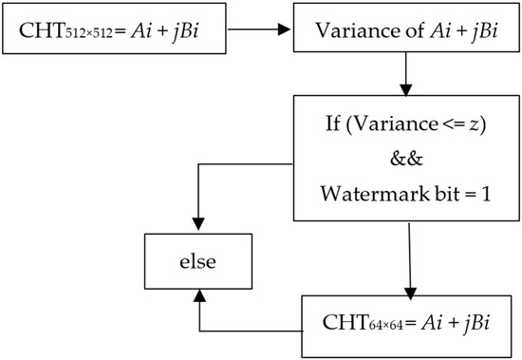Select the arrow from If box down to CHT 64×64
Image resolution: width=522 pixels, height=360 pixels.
click(x=410, y=261)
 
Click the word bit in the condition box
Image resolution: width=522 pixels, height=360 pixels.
click(x=434, y=194)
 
